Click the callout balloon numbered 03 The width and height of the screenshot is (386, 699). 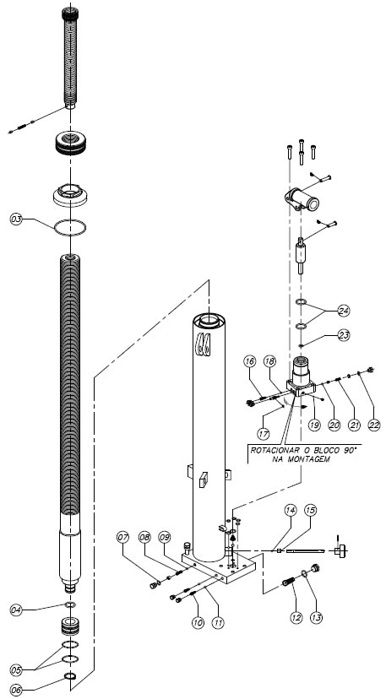pyautogui.click(x=17, y=219)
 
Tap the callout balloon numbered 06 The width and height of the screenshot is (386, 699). pyautogui.click(x=17, y=691)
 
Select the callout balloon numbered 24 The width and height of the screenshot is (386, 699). pyautogui.click(x=344, y=311)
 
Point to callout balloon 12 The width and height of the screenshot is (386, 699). pyautogui.click(x=296, y=617)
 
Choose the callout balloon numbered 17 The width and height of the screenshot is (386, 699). pyautogui.click(x=263, y=432)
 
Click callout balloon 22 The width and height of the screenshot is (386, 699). pyautogui.click(x=373, y=425)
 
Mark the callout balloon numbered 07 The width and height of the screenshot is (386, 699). pyautogui.click(x=123, y=537)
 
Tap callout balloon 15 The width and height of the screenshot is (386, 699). pyautogui.click(x=311, y=510)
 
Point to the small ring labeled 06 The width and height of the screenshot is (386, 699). pyautogui.click(x=70, y=677)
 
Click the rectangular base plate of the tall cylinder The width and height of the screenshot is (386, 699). pyautogui.click(x=219, y=567)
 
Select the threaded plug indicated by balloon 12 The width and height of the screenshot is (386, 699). pyautogui.click(x=289, y=582)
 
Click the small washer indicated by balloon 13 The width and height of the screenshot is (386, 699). pyautogui.click(x=304, y=573)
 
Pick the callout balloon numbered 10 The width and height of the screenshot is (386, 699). pyautogui.click(x=198, y=622)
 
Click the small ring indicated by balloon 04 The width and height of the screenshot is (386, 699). pyautogui.click(x=70, y=604)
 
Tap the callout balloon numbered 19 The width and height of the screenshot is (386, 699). pyautogui.click(x=314, y=425)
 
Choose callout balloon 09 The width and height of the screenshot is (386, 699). pyautogui.click(x=165, y=537)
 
